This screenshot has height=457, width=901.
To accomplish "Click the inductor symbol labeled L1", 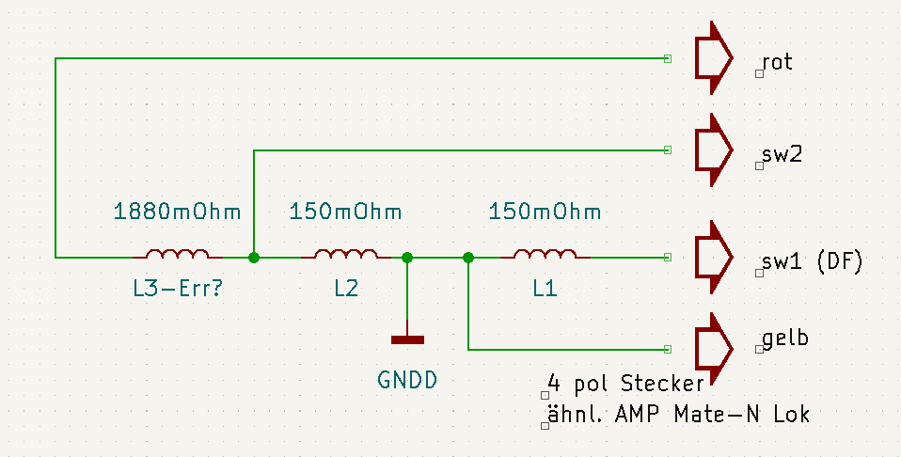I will coord(545,254).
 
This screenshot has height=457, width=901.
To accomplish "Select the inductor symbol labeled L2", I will coord(346,254).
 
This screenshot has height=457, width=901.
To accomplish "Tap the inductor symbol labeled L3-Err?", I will coord(177,254).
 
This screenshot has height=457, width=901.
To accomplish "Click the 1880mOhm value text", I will coord(177,211).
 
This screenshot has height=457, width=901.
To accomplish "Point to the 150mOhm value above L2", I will coord(346,211).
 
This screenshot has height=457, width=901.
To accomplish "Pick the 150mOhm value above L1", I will coord(545,211).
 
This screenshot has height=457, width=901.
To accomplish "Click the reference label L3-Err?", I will coord(177,290).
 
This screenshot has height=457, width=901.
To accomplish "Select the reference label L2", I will coord(346,290).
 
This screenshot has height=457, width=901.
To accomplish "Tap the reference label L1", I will coord(545,290).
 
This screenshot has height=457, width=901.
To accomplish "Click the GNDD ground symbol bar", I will coord(407,339).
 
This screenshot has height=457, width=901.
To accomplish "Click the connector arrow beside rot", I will coord(712,59).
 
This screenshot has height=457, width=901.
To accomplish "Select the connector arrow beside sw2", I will coord(712,150).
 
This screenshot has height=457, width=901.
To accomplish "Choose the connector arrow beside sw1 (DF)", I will coord(712,257).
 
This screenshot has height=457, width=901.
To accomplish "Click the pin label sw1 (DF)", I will coord(811,262).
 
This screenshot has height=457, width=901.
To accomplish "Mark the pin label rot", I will coord(778,63).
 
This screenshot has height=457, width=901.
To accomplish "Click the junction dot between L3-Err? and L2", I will coord(254,257).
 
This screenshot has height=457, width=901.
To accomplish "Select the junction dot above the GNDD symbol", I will coord(407,257).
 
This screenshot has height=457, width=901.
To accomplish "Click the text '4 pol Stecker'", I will coord(625,384).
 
